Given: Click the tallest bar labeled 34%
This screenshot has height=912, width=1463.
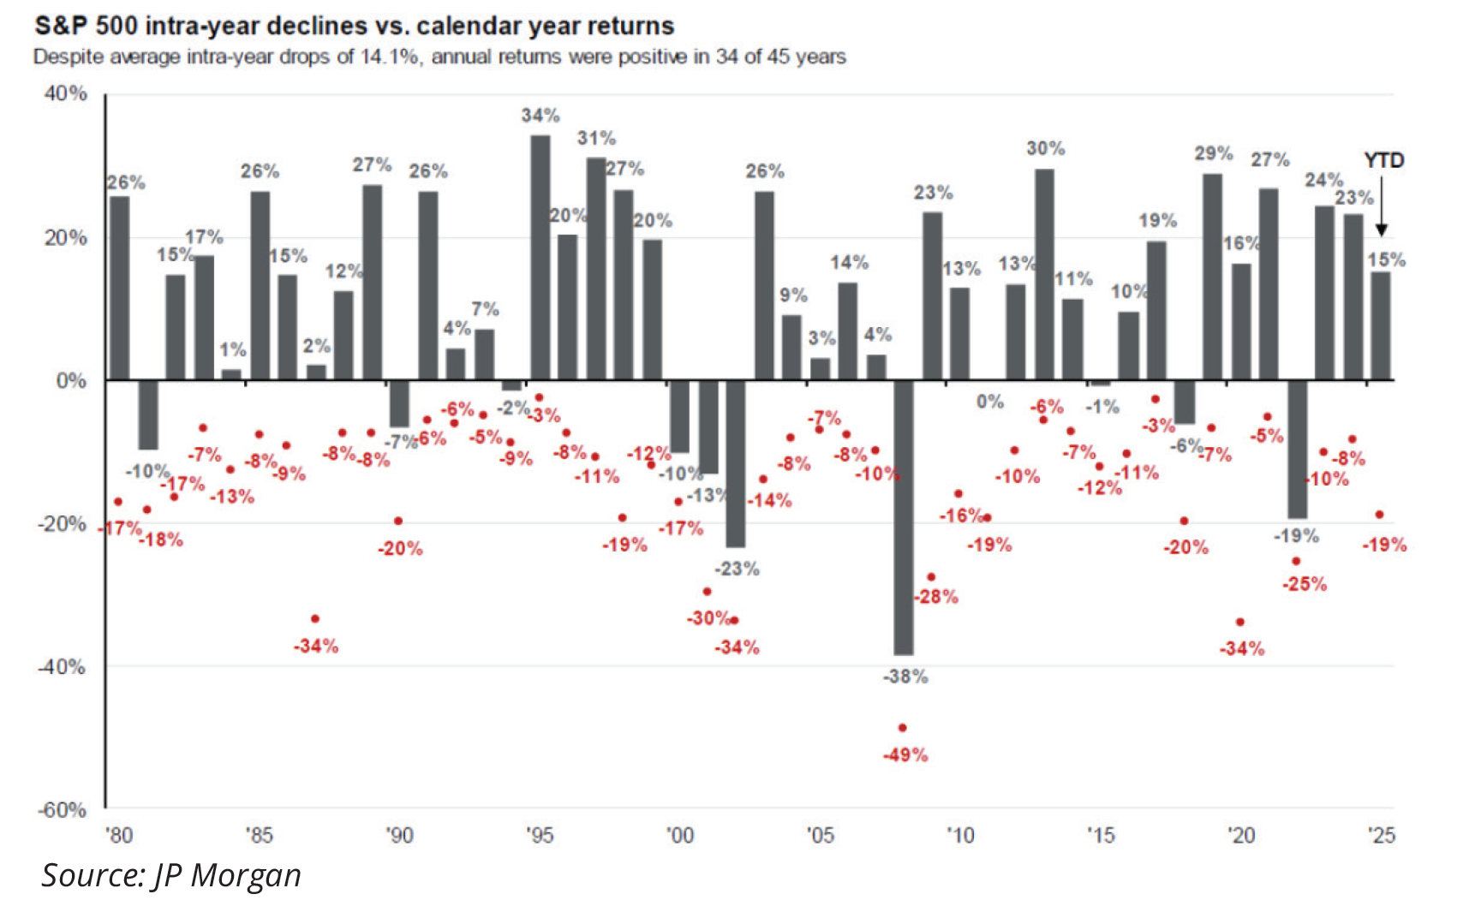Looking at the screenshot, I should point(540,257).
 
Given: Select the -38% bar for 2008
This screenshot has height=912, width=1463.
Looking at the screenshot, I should point(903,517).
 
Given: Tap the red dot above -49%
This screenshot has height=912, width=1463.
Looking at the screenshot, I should point(902,728).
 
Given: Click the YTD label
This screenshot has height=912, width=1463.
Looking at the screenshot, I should point(1383,160).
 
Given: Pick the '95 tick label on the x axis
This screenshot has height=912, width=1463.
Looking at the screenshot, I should point(540,835).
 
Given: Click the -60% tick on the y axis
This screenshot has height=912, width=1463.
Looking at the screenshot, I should point(62,810).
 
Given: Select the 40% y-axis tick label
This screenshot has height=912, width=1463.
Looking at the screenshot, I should point(65,93).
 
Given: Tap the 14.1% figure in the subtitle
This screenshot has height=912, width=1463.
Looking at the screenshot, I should point(395,57).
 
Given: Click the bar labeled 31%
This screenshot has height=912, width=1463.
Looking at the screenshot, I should point(596,268).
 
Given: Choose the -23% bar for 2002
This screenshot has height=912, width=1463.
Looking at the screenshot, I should point(736,463).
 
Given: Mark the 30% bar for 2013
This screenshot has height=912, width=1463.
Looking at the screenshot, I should point(1044,274).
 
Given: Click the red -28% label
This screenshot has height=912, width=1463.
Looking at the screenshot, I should point(935,597).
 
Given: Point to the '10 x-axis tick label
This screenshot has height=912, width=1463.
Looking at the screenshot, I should point(960,835).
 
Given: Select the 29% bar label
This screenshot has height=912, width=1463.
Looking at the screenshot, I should point(1214,153).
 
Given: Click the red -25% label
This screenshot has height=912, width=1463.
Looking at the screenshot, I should point(1304,584).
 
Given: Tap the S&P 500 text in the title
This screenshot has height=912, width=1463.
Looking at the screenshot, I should point(85,26).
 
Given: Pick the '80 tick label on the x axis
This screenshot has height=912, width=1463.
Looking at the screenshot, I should point(119,835).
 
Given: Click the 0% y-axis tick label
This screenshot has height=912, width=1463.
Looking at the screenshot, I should point(71,381).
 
